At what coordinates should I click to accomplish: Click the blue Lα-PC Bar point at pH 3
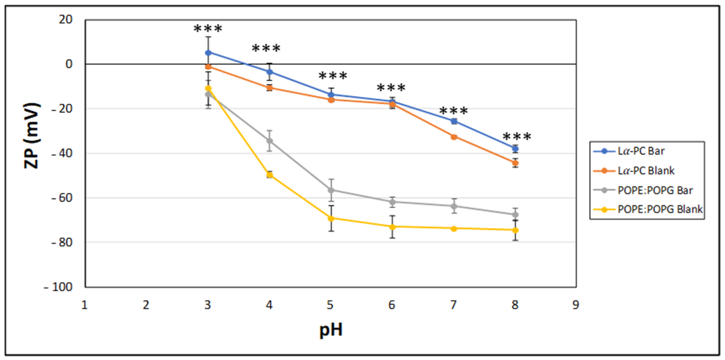[208, 53]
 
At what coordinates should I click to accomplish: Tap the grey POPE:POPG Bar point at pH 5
[331, 190]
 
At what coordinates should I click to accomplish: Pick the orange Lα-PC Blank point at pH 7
[454, 137]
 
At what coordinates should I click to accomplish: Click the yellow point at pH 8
[515, 230]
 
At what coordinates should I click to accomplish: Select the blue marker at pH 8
[515, 149]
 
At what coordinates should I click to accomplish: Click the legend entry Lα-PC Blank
[646, 171]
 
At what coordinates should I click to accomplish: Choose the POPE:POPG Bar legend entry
[655, 190]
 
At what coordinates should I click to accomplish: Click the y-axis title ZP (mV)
[31, 136]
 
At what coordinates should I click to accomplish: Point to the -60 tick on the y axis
[62, 198]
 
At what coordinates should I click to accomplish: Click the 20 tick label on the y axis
[65, 20]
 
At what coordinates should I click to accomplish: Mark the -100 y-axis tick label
[58, 287]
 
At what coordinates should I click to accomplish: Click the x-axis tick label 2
[146, 305]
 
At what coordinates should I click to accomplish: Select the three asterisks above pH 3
[208, 29]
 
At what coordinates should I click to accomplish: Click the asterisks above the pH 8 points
[517, 137]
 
